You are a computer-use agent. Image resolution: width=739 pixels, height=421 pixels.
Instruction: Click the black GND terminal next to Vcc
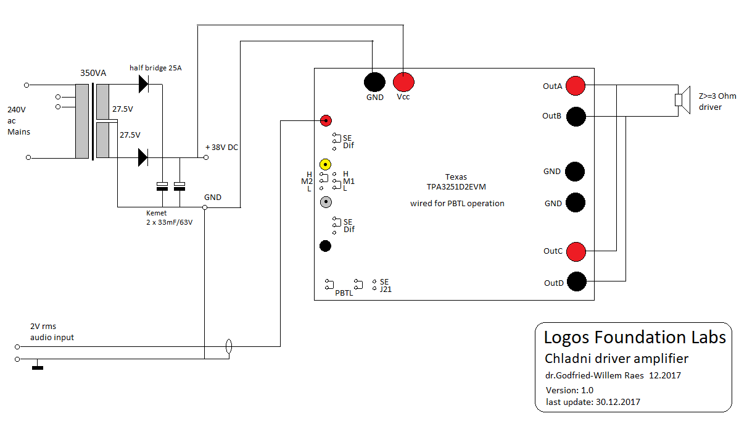(374, 81)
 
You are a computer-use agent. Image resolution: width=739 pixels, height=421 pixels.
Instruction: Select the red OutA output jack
(576, 86)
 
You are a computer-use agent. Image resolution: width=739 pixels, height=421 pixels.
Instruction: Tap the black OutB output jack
(576, 116)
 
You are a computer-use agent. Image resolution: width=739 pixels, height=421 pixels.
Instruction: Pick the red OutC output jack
(576, 251)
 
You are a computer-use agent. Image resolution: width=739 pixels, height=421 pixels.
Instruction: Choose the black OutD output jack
(576, 282)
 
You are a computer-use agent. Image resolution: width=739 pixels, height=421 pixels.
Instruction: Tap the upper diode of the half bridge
(143, 83)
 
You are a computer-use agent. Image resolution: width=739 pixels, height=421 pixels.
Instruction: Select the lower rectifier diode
(143, 158)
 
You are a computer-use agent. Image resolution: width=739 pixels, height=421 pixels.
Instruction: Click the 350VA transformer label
(93, 73)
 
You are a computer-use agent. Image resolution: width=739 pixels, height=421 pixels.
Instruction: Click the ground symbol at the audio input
(38, 368)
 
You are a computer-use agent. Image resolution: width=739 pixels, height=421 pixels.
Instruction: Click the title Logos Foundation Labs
(635, 338)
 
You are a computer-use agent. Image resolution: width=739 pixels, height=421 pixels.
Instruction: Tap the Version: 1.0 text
(569, 390)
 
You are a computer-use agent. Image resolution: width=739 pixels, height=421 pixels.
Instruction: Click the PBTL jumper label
(344, 293)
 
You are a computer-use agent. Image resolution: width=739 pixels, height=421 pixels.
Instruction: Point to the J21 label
(386, 289)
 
